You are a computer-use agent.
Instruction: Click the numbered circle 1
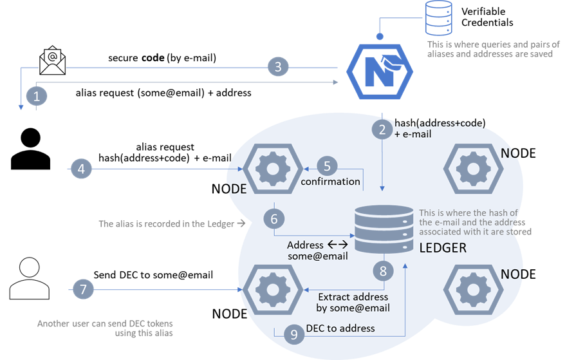pos(36,97)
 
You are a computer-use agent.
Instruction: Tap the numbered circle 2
pos(382,129)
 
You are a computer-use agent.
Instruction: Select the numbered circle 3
pos(278,66)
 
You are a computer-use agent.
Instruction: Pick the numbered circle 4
pos(81,169)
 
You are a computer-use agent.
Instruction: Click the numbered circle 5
pos(327,166)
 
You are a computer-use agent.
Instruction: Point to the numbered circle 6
pos(274,219)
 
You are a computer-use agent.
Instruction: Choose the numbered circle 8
pos(383,271)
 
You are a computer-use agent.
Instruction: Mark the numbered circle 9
pos(294,335)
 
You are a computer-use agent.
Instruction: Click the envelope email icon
pos(53,64)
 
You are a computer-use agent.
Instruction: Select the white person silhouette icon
pos(29,279)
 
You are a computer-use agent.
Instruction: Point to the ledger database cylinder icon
pos(384,230)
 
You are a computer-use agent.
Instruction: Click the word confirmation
pos(330,182)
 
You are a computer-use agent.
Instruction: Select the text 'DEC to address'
pos(340,328)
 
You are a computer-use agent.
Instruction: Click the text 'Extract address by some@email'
pos(353,302)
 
